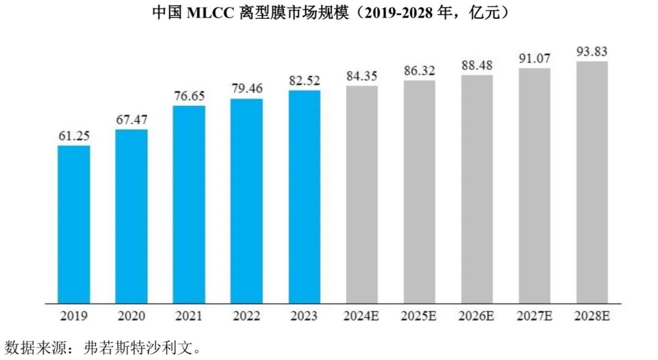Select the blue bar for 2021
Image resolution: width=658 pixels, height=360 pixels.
tap(189, 204)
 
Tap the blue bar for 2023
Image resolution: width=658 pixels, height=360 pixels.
tap(304, 196)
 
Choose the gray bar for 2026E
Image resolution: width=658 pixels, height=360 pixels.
tap(477, 189)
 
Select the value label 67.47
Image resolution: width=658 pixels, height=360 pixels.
tap(132, 121)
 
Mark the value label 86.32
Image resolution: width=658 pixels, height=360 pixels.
tap(419, 71)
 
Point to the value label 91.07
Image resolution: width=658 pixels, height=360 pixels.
tap(534, 59)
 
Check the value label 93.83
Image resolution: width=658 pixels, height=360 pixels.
tap(592, 51)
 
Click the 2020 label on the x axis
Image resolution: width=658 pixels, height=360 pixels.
tap(132, 316)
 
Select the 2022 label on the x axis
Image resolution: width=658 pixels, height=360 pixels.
tap(247, 316)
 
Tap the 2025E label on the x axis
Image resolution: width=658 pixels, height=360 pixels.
tap(419, 316)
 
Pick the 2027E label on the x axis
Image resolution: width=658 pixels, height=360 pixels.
tap(534, 316)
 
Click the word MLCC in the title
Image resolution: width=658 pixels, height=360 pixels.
tap(208, 13)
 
